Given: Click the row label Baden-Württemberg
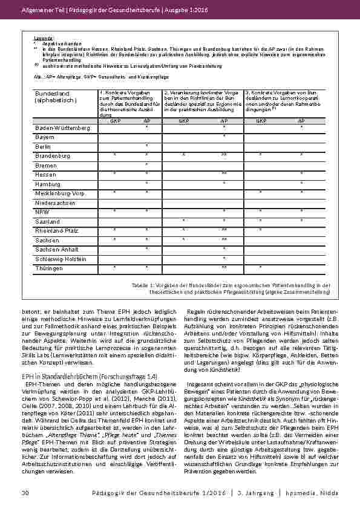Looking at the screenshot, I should pos(62,128).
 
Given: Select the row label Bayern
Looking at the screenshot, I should pos(46,138).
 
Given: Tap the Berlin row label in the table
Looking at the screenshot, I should pos(44,147).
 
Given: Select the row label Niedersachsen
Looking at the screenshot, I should pos(56,203).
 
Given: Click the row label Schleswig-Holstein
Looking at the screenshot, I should pos(61,258).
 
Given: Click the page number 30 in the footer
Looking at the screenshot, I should pos(25,494).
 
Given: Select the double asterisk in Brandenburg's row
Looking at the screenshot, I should pos(224,156).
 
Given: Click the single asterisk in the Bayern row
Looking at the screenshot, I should pos(224,137).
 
